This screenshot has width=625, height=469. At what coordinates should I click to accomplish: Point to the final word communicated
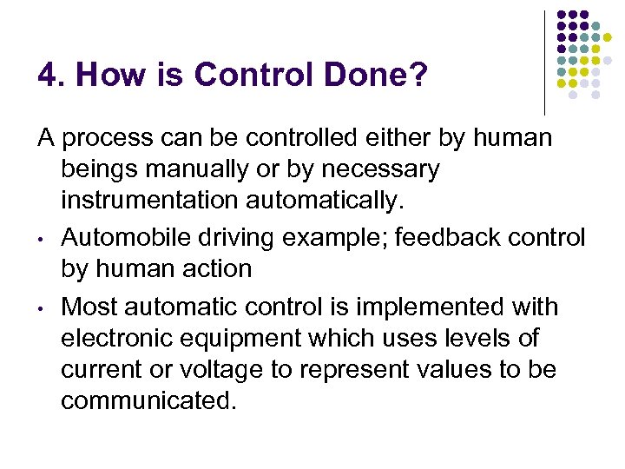point(148,402)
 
